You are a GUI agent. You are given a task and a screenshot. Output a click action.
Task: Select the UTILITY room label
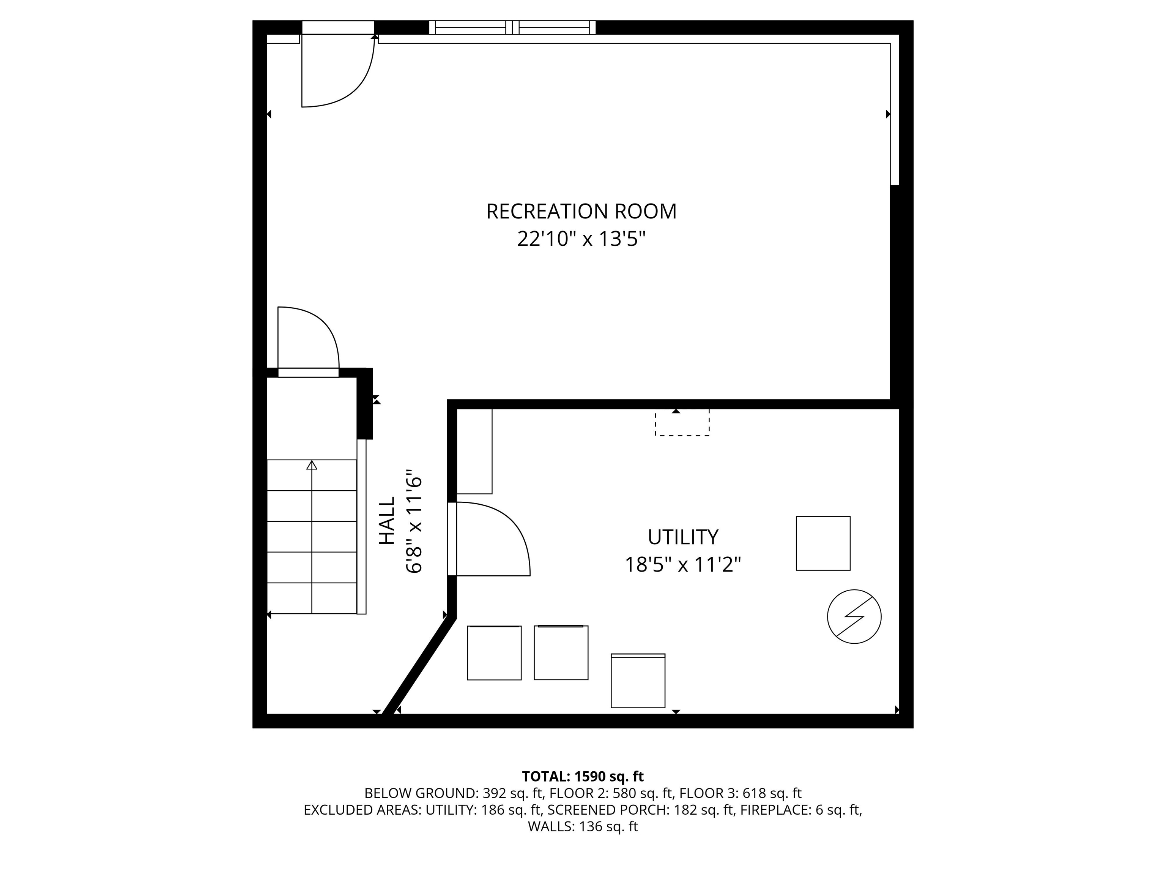tap(682, 537)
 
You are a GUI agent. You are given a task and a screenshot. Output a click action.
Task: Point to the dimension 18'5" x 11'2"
tap(682, 565)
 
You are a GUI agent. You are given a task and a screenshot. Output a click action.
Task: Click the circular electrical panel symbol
tap(854, 616)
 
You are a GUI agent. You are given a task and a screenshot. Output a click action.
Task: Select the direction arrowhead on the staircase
tap(312, 465)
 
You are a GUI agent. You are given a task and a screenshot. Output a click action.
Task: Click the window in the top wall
tap(512, 27)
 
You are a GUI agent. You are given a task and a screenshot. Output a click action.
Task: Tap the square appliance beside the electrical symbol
tap(823, 543)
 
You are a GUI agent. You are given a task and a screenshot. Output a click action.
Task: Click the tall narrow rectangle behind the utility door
tap(474, 451)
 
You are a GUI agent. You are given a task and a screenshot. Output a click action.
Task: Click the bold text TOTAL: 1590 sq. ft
tap(583, 776)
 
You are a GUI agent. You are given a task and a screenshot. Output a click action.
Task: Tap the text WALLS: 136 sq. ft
tap(583, 826)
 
